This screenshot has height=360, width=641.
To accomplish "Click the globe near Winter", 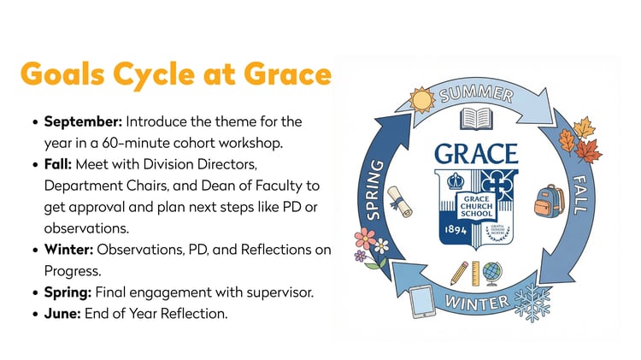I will click(x=491, y=272).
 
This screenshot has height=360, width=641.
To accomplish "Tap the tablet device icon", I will click(x=424, y=300).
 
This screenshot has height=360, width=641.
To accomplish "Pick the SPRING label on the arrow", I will click(x=374, y=188).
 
